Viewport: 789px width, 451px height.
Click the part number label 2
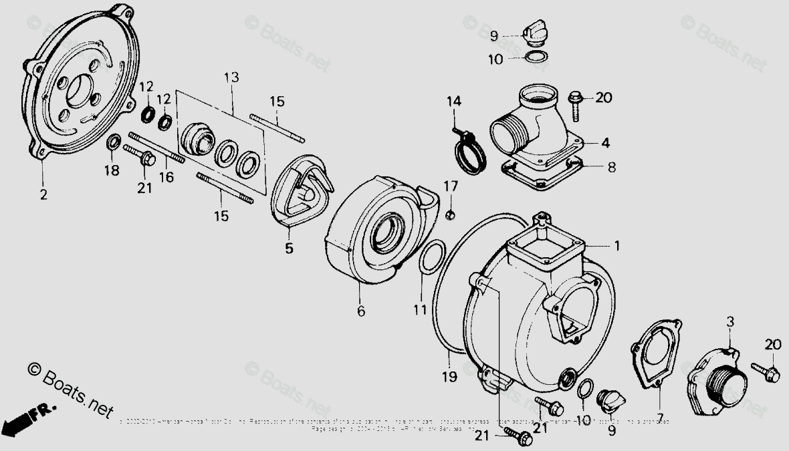coord(44,195)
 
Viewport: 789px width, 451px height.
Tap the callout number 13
coord(231,78)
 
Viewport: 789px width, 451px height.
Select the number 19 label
coord(449,377)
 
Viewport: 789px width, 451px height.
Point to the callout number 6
coord(360,311)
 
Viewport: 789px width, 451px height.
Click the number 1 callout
coord(617,246)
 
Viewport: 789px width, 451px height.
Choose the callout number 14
coord(454,102)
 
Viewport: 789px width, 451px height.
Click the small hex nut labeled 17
coord(450,214)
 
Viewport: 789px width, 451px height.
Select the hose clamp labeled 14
coord(471,152)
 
